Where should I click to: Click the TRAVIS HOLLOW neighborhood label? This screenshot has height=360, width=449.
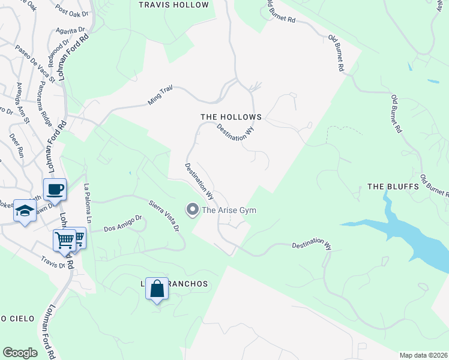point(173,5)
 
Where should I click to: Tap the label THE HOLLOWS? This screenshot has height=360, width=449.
point(231,117)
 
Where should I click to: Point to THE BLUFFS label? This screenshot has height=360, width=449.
point(393,187)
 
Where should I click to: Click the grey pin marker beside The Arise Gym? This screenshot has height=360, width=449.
point(193,209)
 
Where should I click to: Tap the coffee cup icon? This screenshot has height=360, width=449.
point(55,190)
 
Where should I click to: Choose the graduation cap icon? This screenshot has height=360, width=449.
point(24,211)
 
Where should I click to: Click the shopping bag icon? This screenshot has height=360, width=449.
point(157,289)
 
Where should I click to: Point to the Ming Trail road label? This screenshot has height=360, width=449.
point(160,95)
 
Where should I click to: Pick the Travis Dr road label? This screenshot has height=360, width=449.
point(52,262)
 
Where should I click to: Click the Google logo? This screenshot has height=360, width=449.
point(20,352)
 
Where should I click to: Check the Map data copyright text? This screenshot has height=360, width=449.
point(424,355)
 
